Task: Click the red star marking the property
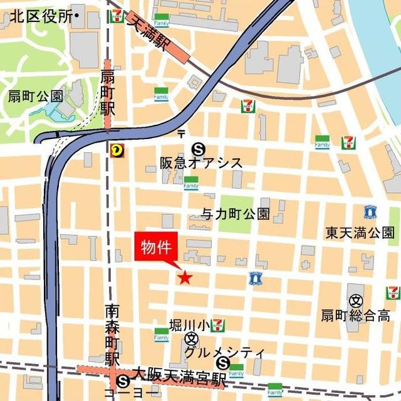[184, 278]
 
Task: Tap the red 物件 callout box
[156, 246]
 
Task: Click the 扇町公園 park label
[35, 96]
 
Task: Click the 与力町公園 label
[236, 214]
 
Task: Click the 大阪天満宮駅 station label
[178, 380]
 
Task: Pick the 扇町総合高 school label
[355, 315]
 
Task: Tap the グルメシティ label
[224, 352]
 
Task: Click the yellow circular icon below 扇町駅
[116, 150]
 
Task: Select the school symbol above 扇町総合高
[355, 300]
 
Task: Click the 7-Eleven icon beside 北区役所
[116, 17]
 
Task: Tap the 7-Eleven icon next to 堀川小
[217, 325]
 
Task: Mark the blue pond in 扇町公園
[61, 112]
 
